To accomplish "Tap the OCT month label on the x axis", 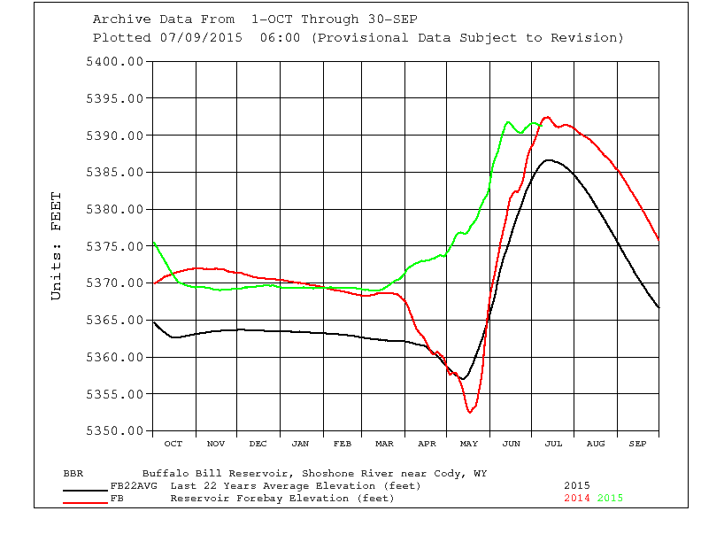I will pyautogui.click(x=173, y=443).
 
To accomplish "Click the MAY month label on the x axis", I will pyautogui.click(x=469, y=443).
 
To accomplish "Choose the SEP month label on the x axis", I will pyautogui.click(x=637, y=443).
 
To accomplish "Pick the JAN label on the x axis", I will pyautogui.click(x=300, y=443).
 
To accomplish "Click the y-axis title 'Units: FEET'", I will pyautogui.click(x=57, y=246).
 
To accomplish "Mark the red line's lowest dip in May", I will pyautogui.click(x=471, y=412).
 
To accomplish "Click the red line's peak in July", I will pyautogui.click(x=546, y=117).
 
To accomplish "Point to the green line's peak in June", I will pyautogui.click(x=508, y=122).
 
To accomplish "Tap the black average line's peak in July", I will pyautogui.click(x=550, y=160).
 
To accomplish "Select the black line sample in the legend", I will pyautogui.click(x=85, y=489).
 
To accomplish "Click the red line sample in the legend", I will pyautogui.click(x=85, y=502).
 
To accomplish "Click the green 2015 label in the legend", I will pyautogui.click(x=610, y=498).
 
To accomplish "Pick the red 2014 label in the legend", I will pyautogui.click(x=577, y=498).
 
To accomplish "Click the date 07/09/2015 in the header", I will pyautogui.click(x=216, y=38).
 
